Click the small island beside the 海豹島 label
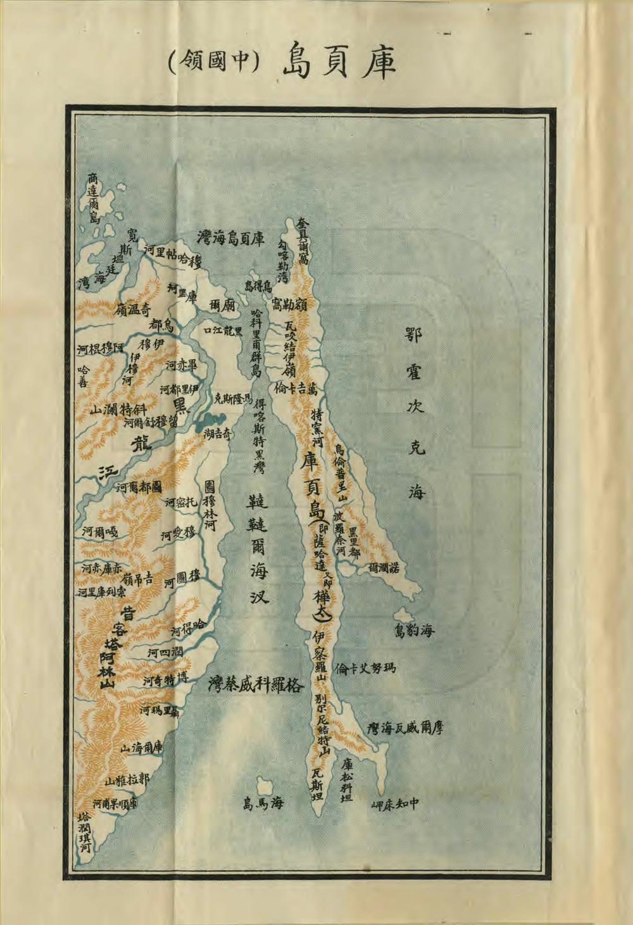(x=400, y=615)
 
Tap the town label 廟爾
(x=222, y=304)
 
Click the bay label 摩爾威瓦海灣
(x=404, y=727)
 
